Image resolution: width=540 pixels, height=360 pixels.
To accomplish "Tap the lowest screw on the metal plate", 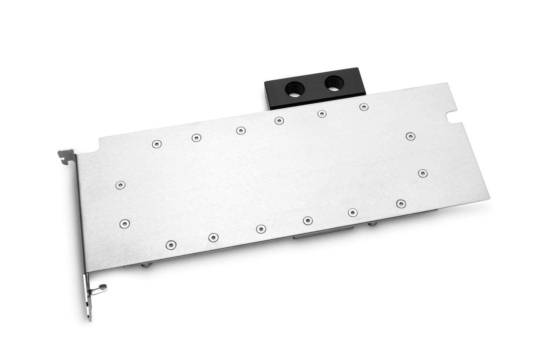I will (x=171, y=244).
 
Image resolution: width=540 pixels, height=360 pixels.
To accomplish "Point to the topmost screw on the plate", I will (x=363, y=107).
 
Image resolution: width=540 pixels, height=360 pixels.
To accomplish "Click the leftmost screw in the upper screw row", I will (x=156, y=144).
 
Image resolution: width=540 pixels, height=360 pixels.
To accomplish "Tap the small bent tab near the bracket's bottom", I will (x=102, y=288).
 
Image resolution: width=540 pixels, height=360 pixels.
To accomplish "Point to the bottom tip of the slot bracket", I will (x=89, y=320).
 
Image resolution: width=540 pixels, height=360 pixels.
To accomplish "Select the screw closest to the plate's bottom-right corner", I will (x=400, y=203).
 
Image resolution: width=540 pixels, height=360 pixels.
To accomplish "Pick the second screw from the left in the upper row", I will (x=196, y=137).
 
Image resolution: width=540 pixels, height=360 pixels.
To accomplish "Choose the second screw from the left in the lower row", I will (x=212, y=237).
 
